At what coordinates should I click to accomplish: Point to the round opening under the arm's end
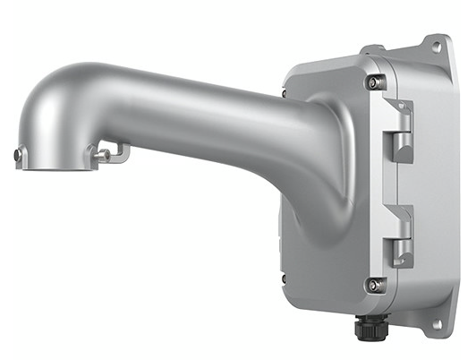55,164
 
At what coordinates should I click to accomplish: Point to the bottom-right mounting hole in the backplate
438,323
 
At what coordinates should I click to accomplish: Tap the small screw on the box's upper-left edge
285,92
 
